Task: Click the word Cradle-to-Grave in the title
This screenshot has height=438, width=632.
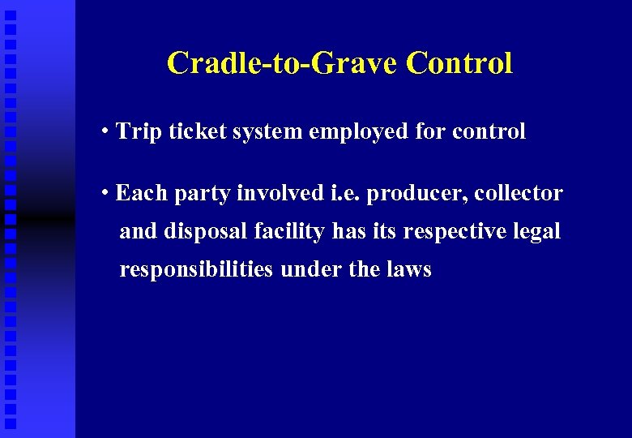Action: coord(283,63)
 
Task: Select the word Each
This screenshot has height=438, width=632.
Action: coord(140,193)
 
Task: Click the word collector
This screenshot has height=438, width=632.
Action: coord(519,193)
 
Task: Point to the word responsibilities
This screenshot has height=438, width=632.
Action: coord(196,270)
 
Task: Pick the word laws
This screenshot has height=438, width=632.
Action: coord(408,270)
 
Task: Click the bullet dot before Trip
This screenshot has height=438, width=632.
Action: coord(107,131)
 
